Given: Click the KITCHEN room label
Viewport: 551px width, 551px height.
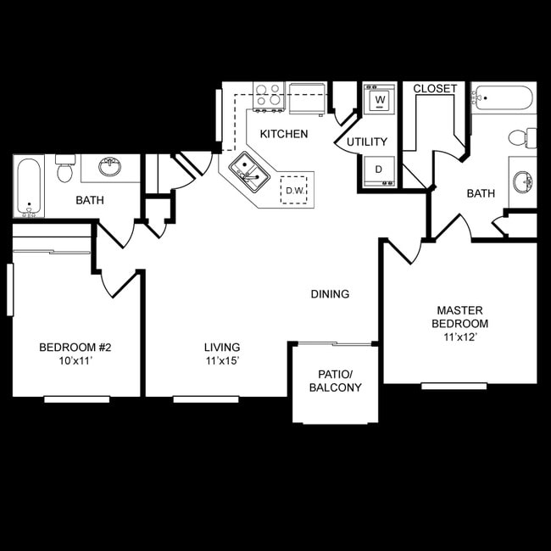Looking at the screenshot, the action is (284, 134).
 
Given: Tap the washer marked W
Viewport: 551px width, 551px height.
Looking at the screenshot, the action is (380, 98).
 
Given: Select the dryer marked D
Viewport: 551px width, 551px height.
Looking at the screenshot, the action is (379, 170).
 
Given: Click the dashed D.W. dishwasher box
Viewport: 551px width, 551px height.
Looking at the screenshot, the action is (294, 190).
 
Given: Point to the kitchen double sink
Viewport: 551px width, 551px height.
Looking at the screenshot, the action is (249, 172).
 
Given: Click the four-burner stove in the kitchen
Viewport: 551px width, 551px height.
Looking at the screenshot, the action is (269, 97).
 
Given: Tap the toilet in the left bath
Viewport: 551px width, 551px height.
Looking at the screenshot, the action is (65, 169).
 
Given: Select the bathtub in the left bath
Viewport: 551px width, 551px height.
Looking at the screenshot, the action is (29, 187).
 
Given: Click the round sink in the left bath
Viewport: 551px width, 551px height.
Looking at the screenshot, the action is (109, 166).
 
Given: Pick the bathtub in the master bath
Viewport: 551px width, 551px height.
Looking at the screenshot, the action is (503, 97).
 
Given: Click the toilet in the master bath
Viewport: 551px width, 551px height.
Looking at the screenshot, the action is (522, 137).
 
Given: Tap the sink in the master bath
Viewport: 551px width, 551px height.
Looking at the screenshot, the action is (523, 181).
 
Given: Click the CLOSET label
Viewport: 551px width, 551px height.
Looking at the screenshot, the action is (435, 88).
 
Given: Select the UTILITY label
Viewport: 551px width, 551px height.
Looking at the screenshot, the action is (367, 142).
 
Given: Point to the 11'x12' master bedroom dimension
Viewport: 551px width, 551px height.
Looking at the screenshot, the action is (460, 337).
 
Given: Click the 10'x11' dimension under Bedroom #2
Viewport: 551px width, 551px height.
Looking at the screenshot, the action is (75, 361).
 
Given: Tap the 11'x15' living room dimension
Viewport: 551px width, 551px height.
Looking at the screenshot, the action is (222, 361).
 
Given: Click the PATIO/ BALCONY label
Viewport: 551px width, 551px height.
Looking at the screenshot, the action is (335, 381).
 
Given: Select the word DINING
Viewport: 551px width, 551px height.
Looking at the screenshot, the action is (330, 294).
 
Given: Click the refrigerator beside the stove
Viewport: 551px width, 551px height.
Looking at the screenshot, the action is (307, 98).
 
